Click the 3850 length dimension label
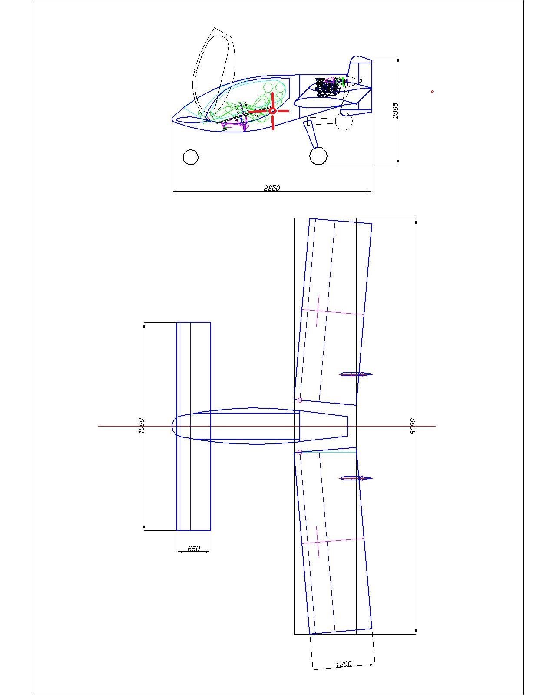(271, 188)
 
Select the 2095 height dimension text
(395, 110)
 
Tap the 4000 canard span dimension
(141, 426)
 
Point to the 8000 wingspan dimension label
(413, 426)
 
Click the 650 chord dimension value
(194, 548)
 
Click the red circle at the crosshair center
(272, 111)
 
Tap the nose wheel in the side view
(191, 157)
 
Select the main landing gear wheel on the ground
(318, 156)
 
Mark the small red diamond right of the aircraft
(432, 92)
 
